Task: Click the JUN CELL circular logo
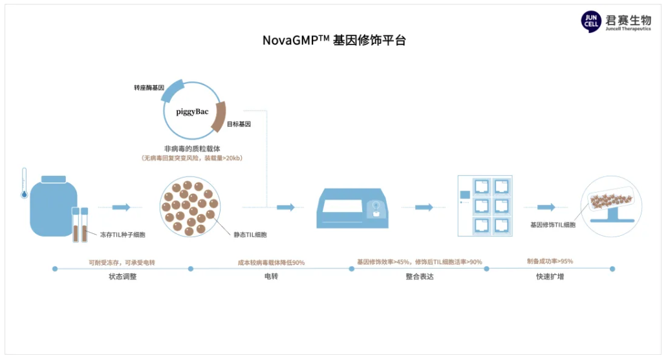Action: point(591,21)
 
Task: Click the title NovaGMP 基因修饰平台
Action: point(334,39)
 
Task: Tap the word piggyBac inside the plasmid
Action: point(192,111)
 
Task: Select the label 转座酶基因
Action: point(149,87)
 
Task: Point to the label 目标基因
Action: point(239,123)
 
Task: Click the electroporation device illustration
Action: point(352,206)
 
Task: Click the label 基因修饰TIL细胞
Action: point(552,225)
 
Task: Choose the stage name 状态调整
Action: point(123,277)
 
